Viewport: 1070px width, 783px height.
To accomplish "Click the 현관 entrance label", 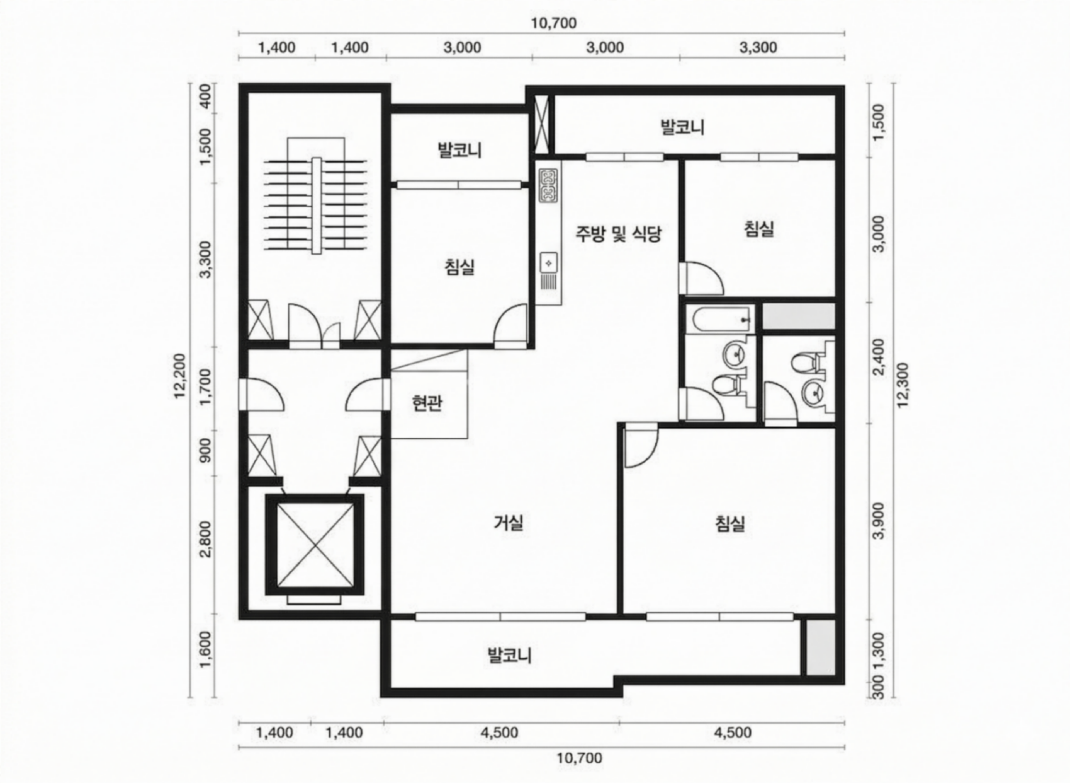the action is point(427,403).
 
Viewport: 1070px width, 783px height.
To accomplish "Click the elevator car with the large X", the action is point(315,545).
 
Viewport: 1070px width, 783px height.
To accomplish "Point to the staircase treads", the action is point(315,205).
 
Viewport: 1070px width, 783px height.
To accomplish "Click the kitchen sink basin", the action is point(549,262).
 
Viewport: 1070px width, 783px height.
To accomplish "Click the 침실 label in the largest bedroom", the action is point(730,523).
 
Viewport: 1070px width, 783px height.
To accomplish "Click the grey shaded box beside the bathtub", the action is point(798,316).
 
